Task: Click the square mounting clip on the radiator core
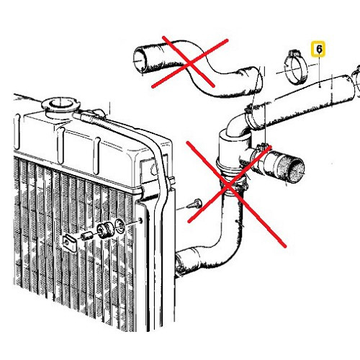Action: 70,243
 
